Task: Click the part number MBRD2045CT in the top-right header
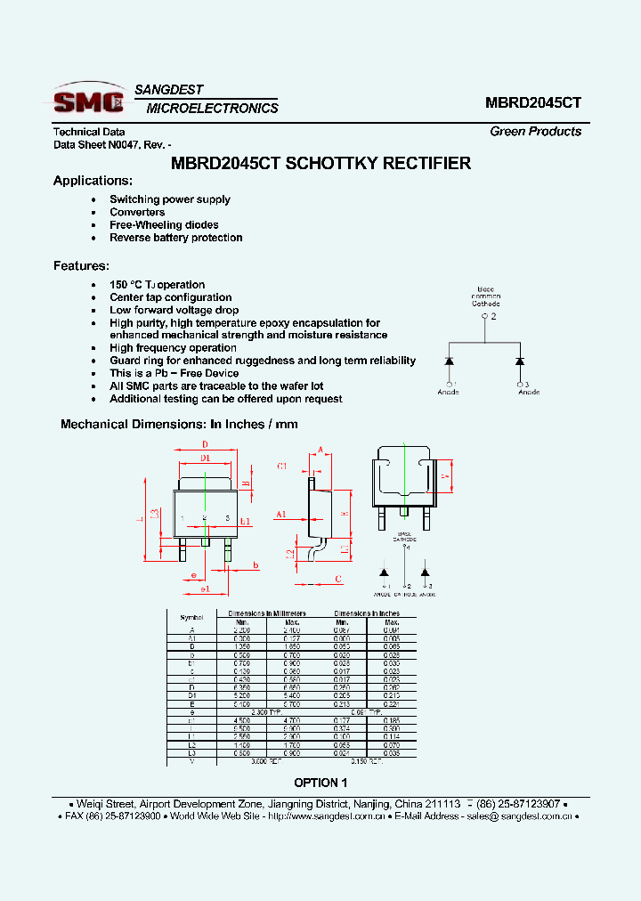pos(533,102)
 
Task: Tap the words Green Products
pos(535,131)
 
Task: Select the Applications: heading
pos(93,181)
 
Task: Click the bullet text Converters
pos(137,212)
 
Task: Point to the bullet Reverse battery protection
pos(175,238)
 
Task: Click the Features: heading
pos(81,265)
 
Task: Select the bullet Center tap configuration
pos(170,297)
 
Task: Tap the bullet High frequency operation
pos(173,348)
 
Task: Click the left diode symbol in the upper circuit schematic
pos(450,361)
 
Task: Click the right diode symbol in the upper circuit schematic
pos(520,361)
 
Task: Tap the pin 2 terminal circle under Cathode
pos(484,315)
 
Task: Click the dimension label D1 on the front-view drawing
pos(205,458)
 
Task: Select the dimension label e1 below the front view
pos(205,589)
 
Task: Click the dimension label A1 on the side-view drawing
pos(280,515)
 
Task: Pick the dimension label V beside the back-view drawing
pos(444,475)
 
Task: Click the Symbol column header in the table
pos(191,617)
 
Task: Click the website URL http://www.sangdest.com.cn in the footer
pos(326,816)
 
